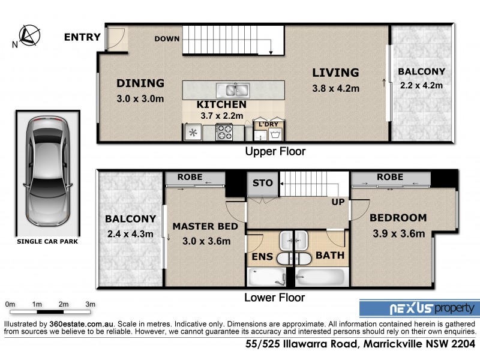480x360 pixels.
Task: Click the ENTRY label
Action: click(82, 37)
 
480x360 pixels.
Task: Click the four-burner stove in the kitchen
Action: click(224, 131)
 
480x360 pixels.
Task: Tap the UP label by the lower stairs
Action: click(338, 202)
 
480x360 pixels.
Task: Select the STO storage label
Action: click(262, 183)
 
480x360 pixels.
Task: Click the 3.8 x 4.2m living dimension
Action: click(335, 89)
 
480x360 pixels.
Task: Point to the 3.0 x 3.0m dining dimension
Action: click(140, 99)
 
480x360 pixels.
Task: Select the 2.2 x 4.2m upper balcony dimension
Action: click(421, 85)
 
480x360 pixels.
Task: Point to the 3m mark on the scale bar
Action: click(90, 305)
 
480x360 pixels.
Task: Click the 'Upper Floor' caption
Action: click(275, 151)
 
